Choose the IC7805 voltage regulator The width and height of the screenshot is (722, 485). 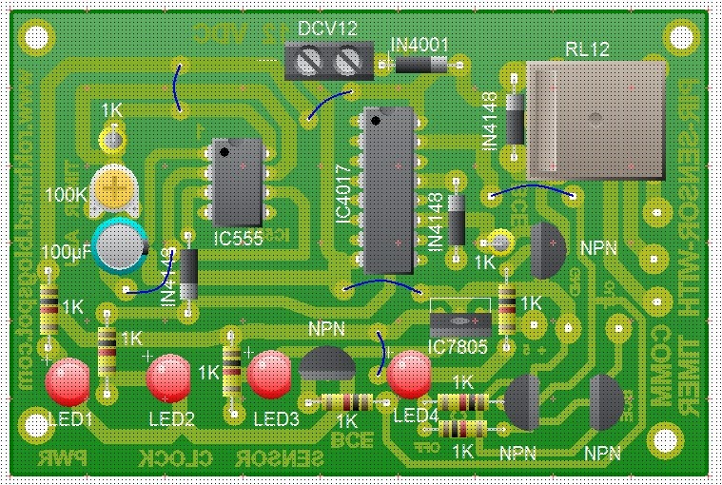pyautogui.click(x=459, y=320)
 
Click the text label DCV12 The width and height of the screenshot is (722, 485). pyautogui.click(x=328, y=29)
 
